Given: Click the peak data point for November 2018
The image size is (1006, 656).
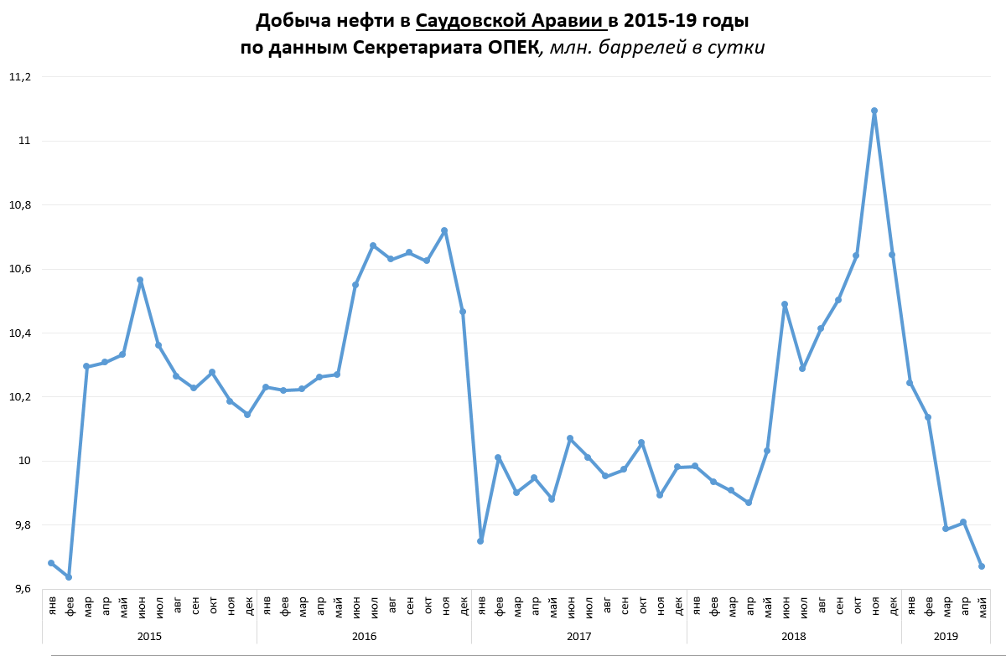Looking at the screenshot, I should click(874, 111).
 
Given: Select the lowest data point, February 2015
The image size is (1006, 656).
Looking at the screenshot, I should click(69, 577).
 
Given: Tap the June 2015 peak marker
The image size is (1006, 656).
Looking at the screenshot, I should click(140, 280).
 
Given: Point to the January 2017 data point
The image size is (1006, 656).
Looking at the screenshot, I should click(480, 541).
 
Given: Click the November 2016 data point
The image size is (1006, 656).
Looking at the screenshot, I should click(444, 230).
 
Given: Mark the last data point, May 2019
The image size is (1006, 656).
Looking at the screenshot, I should click(982, 566).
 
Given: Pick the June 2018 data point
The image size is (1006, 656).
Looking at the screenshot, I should click(785, 304).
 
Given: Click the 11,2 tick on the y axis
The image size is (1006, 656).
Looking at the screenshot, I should click(19, 77).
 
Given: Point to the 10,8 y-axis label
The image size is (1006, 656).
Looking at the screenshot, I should click(19, 205).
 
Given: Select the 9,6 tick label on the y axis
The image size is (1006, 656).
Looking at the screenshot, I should click(19, 590).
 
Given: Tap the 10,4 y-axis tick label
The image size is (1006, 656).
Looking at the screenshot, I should click(19, 333).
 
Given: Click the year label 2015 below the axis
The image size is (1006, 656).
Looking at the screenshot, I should click(149, 637).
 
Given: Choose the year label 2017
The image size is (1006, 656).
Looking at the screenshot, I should click(578, 637).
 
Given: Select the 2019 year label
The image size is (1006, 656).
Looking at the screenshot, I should click(946, 637).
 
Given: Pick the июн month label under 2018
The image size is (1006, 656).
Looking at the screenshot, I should click(786, 605).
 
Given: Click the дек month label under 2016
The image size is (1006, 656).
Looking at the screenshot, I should click(464, 605).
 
